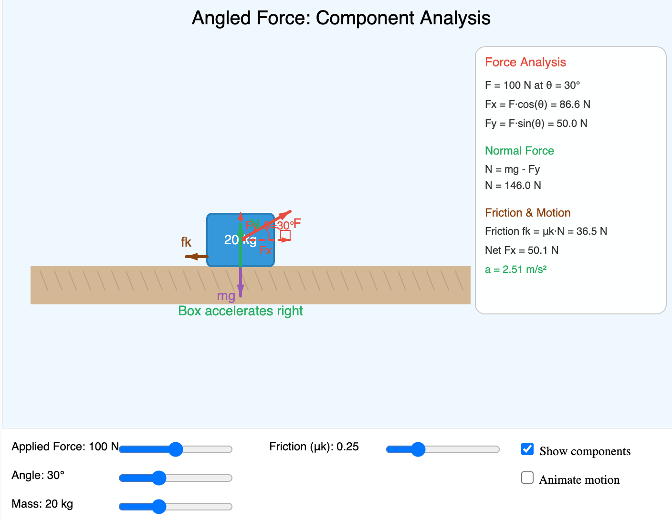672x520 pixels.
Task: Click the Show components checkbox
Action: pos(527,449)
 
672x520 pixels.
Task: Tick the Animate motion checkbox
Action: pos(527,478)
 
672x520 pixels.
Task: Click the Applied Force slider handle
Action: pos(176,449)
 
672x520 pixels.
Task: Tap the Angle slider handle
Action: pos(158,478)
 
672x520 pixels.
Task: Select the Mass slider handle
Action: pos(158,506)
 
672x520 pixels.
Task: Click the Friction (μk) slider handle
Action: pos(418,449)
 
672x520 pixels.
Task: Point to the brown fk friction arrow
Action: pos(196,257)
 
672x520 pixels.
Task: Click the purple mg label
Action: pos(226,296)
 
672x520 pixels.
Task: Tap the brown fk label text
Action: pos(186,242)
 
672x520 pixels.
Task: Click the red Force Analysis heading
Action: pos(525,62)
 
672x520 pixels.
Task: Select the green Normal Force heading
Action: pos(519,151)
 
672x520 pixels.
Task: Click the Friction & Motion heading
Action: pos(527,213)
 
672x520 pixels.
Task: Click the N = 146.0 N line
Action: pos(513,186)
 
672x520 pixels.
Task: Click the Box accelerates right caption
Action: pos(241,311)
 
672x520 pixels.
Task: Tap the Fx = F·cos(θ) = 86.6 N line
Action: pos(537,104)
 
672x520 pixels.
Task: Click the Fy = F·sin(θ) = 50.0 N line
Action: pos(536,124)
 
